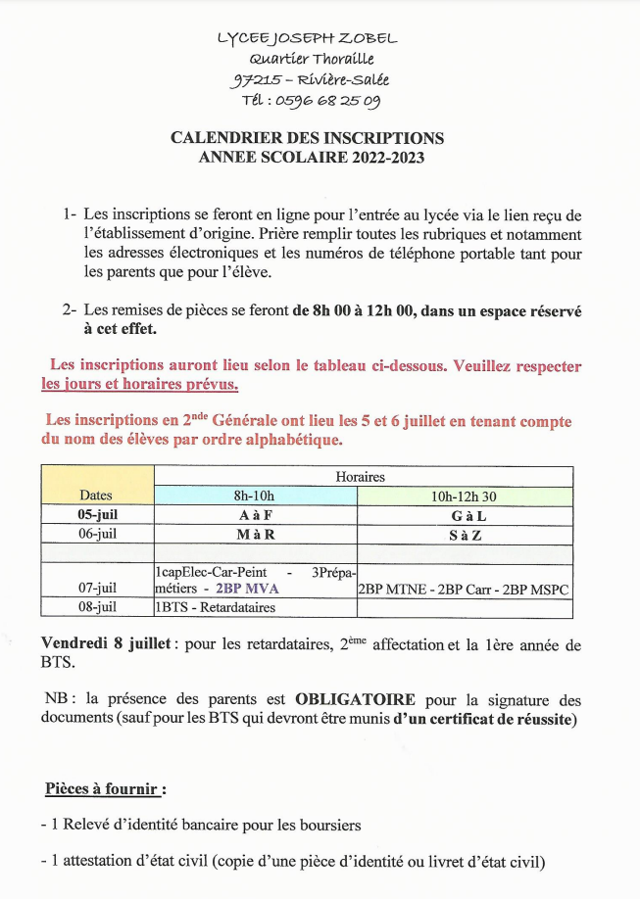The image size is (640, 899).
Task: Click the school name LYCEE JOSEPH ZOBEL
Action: tap(307, 38)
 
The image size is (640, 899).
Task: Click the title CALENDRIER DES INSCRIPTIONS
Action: tap(307, 138)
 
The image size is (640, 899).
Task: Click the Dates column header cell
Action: tap(96, 495)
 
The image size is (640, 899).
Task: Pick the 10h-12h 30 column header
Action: tap(465, 496)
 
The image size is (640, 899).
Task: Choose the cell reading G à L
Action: tap(465, 515)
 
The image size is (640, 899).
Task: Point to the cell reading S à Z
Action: tap(465, 535)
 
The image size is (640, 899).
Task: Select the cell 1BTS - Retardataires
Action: tap(215, 608)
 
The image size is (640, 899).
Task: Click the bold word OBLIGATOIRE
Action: tap(356, 699)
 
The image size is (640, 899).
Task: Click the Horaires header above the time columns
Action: tap(360, 476)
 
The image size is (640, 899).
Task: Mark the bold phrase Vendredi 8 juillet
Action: tap(89, 645)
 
